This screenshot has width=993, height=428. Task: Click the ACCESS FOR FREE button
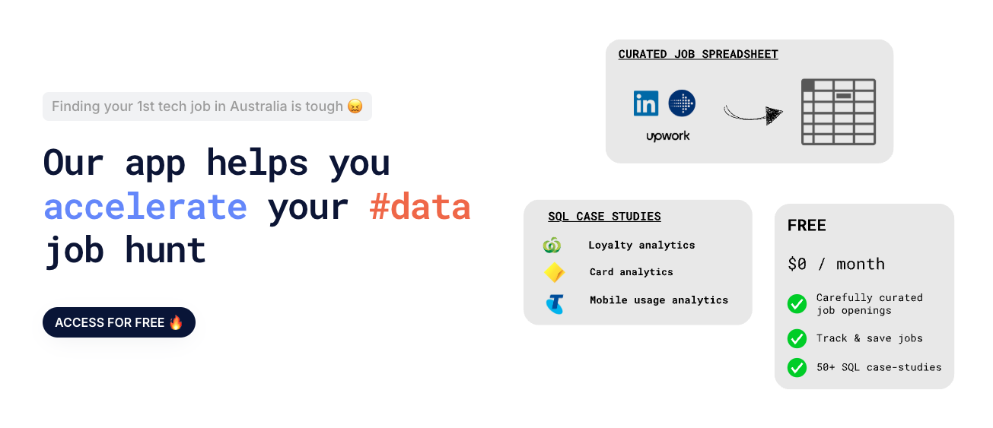(119, 322)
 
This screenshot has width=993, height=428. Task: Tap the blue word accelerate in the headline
(145, 207)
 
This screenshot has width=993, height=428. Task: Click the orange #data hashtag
(420, 207)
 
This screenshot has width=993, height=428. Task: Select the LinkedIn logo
(646, 103)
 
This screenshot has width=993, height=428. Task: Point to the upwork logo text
(667, 136)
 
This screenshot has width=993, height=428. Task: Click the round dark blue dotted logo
(682, 103)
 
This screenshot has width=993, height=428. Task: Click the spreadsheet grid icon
(839, 112)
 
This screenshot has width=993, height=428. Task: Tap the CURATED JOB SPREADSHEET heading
(698, 54)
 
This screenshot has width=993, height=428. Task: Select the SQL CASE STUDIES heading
(604, 217)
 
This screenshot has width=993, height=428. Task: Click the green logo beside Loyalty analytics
(552, 246)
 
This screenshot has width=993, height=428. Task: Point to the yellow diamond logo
(555, 272)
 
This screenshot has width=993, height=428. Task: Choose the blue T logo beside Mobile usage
(555, 303)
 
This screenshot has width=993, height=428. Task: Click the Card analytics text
(631, 272)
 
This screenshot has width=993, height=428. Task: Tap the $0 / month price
(836, 264)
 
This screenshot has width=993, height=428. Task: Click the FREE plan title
(807, 226)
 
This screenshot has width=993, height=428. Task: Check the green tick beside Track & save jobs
(797, 338)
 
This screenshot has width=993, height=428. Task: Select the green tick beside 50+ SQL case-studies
(797, 367)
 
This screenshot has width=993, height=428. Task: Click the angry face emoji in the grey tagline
(355, 106)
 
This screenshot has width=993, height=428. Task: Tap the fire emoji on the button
(176, 322)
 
